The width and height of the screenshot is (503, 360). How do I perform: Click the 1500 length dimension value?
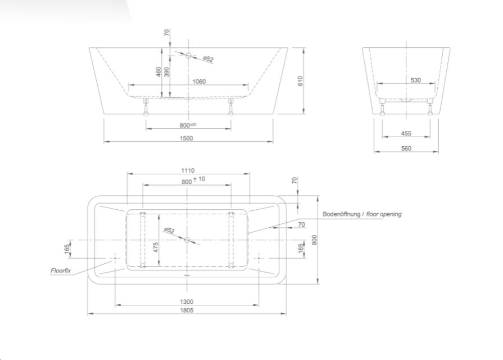(x=186, y=138)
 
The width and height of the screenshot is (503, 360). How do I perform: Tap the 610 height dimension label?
(x=300, y=80)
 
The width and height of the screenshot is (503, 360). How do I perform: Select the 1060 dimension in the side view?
(x=199, y=81)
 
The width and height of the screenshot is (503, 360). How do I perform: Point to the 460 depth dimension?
(x=158, y=71)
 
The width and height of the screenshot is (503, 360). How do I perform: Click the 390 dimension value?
(x=166, y=71)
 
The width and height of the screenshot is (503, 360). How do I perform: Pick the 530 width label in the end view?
(x=415, y=80)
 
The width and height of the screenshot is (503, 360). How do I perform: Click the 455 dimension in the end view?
(x=406, y=133)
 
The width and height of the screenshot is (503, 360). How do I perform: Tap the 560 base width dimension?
(x=406, y=148)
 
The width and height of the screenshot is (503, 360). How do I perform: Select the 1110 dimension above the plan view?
(x=188, y=170)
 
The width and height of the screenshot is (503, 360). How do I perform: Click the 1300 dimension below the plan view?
(x=187, y=301)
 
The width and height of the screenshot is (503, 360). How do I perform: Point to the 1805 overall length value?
(x=187, y=310)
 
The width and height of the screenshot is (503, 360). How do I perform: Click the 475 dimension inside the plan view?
(x=156, y=247)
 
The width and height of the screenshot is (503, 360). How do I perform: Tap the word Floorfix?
(x=61, y=271)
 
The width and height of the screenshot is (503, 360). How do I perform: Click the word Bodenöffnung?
(x=341, y=214)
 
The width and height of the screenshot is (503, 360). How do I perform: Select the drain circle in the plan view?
(x=187, y=240)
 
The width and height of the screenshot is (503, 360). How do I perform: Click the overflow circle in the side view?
(x=188, y=55)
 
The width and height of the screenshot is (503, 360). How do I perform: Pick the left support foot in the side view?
(x=146, y=107)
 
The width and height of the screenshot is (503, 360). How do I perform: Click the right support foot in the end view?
(x=430, y=107)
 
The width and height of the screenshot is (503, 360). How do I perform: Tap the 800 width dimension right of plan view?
(x=314, y=240)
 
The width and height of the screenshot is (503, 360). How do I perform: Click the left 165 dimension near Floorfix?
(x=67, y=249)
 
